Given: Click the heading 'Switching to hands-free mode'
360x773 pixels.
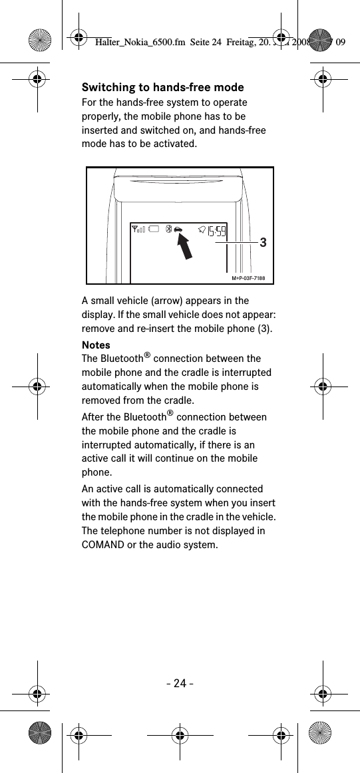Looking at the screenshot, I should point(162,88).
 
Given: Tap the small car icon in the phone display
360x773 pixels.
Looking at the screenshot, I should point(179,230).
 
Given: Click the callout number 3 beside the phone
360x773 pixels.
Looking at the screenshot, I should point(264,243).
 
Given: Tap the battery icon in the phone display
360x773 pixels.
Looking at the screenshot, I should point(154,230).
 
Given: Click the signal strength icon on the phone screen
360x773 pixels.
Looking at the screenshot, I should point(139,230).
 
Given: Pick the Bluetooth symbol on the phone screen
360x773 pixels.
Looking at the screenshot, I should point(169,230).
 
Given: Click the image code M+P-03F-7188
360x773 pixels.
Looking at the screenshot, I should point(248,277).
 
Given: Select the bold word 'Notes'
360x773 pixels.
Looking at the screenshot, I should point(96,345).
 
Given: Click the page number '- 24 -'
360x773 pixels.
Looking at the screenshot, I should point(180,683).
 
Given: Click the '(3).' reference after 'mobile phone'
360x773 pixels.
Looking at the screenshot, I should point(263,329).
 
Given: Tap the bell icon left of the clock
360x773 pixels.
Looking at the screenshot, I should point(201,230).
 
